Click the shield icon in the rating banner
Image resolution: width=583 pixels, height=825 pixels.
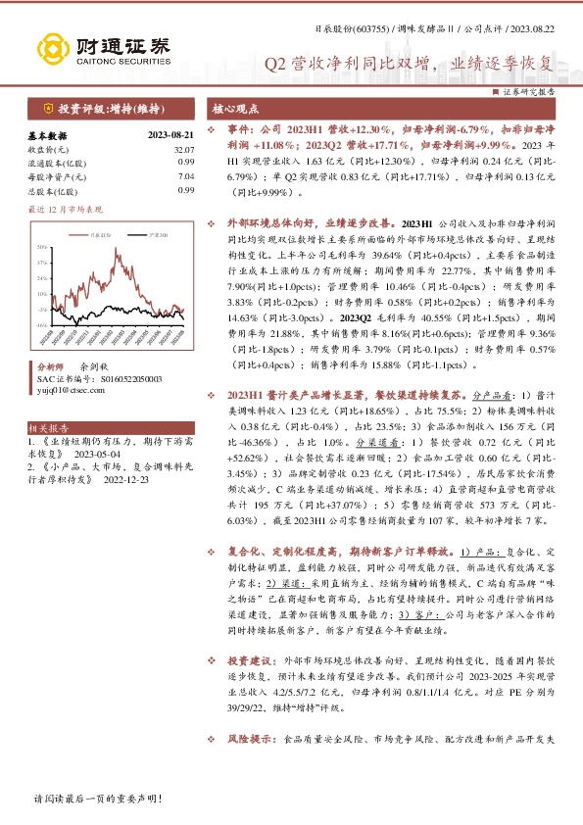[x=47, y=107]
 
